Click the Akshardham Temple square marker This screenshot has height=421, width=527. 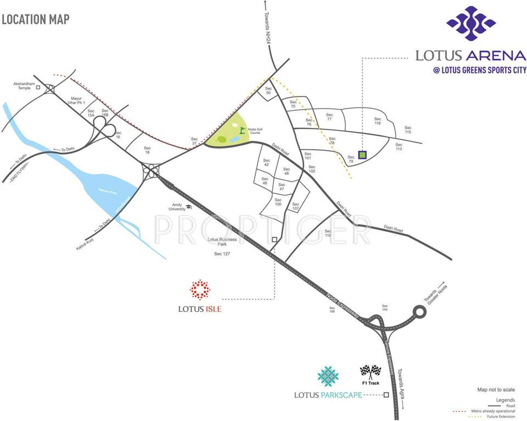(x=38, y=87)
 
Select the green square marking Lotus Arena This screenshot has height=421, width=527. (x=362, y=155)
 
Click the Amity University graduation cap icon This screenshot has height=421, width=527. (x=189, y=206)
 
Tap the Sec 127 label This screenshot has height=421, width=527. (x=222, y=254)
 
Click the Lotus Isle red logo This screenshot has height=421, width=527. (x=200, y=289)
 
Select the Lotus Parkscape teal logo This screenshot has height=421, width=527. (x=328, y=377)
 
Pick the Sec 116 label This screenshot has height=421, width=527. (x=377, y=122)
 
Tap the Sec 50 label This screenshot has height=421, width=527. (x=268, y=91)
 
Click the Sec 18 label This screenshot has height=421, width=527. (x=147, y=150)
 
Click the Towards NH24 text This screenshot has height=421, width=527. (x=267, y=29)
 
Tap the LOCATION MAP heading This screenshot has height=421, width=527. (x=36, y=20)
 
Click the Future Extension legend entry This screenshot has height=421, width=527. (x=499, y=417)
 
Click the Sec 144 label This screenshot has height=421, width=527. (x=385, y=308)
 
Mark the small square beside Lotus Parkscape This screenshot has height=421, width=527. (x=386, y=395)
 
